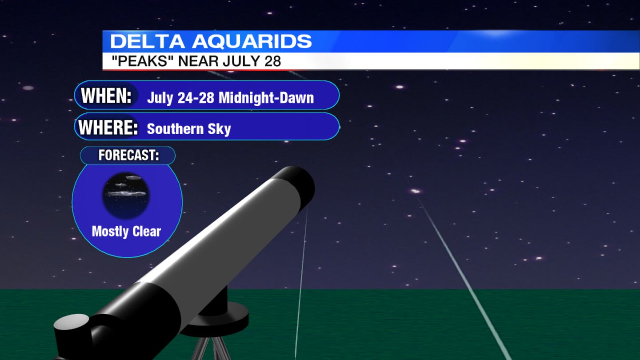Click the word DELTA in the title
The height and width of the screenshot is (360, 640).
click(x=147, y=41)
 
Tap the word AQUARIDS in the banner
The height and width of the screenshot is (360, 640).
click(x=252, y=41)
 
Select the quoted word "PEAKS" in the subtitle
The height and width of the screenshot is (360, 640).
click(x=140, y=61)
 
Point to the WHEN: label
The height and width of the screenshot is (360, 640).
click(x=106, y=96)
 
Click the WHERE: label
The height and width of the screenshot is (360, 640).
click(x=108, y=128)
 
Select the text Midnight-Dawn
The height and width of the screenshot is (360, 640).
click(x=266, y=98)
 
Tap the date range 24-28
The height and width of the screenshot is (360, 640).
click(x=196, y=98)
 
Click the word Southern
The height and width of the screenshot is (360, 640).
click(x=175, y=129)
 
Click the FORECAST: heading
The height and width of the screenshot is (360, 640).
click(x=128, y=155)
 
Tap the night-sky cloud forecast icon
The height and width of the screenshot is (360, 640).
click(x=126, y=195)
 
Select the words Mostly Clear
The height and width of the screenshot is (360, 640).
click(x=126, y=232)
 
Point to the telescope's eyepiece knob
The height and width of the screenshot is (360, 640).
click(x=71, y=325)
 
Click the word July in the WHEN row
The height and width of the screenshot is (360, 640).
click(x=160, y=98)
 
